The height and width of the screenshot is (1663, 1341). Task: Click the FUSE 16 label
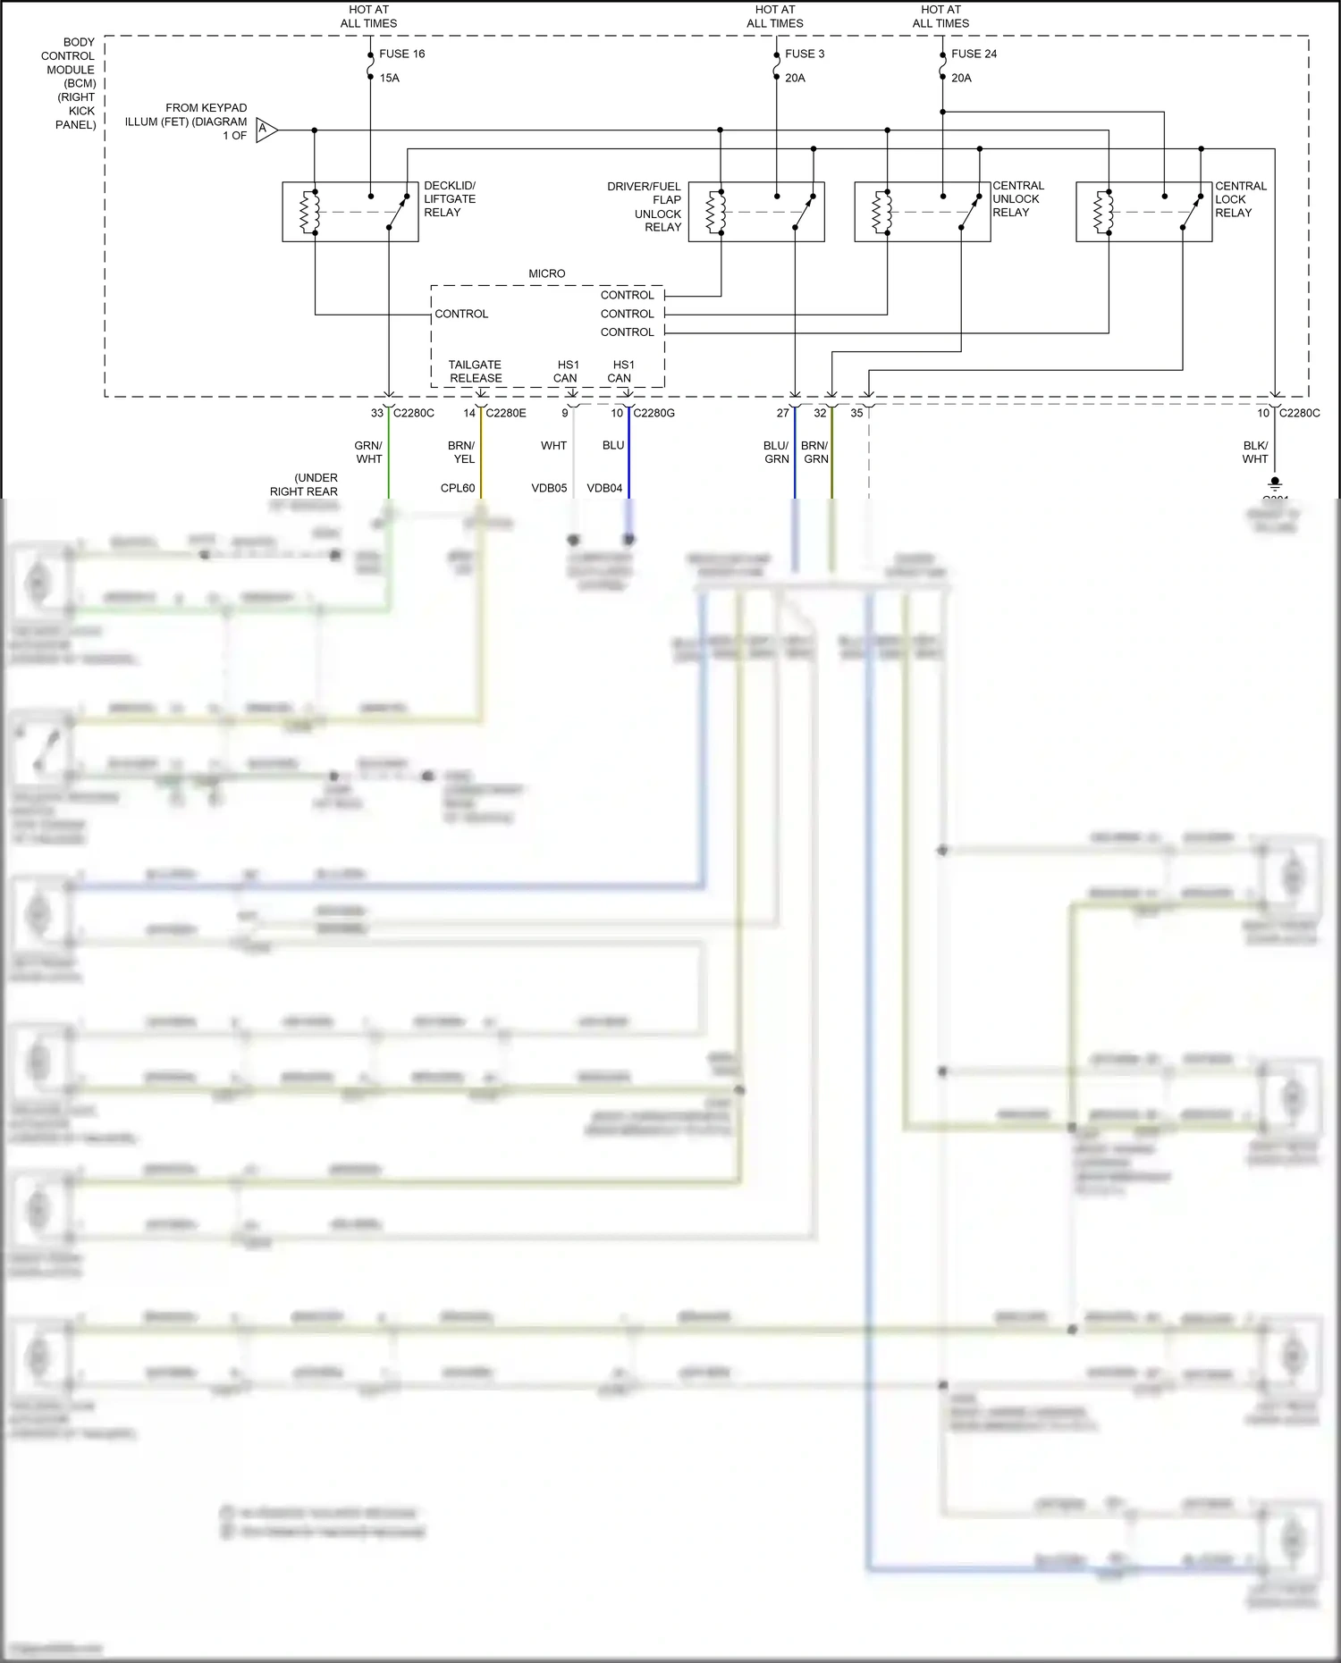[x=401, y=54]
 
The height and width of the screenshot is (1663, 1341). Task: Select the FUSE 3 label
[x=805, y=54]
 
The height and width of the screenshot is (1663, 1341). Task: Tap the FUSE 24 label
[x=974, y=54]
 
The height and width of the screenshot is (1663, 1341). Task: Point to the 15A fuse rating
[x=389, y=78]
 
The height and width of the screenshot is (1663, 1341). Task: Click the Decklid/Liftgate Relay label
[x=450, y=199]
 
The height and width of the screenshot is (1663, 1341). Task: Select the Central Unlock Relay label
[x=1017, y=199]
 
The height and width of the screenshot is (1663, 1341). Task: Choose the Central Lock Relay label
[x=1240, y=199]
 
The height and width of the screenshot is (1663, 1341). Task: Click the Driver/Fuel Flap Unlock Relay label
[x=645, y=206]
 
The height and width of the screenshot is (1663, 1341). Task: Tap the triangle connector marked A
[x=266, y=130]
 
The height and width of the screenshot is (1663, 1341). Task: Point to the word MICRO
[x=546, y=273]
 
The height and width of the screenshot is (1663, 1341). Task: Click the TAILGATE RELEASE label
[x=475, y=372]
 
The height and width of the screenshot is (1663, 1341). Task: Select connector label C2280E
[x=506, y=413]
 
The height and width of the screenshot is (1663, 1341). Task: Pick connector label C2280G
[x=654, y=413]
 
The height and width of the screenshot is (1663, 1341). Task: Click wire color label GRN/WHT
[x=368, y=452]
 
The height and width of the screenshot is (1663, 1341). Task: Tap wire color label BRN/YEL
[x=461, y=452]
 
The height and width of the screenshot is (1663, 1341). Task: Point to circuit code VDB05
[x=549, y=488]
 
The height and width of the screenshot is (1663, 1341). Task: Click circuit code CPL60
[x=458, y=488]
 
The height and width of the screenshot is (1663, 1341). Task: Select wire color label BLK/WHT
[x=1255, y=452]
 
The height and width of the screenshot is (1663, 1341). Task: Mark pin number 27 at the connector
[x=783, y=413]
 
